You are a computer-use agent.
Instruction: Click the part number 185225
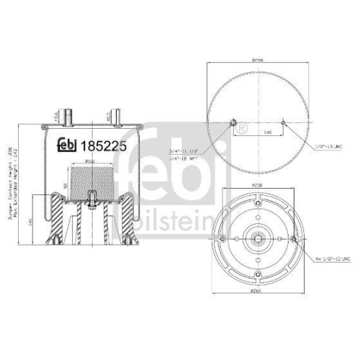[104, 144]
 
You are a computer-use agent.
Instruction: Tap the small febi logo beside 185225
[70, 144]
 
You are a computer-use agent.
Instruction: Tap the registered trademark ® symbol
[241, 129]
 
